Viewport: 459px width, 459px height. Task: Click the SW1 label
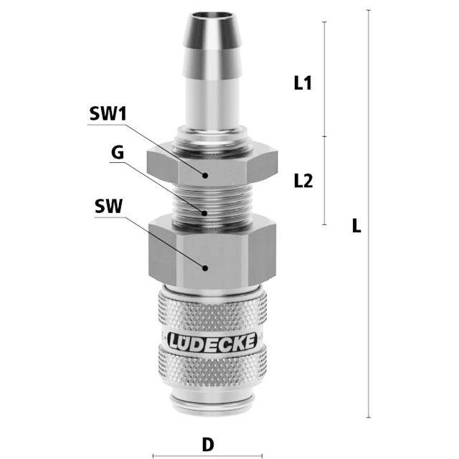point(108,113)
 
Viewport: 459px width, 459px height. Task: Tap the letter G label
point(118,153)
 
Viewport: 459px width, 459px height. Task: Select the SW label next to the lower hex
point(108,206)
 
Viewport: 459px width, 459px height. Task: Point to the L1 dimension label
point(303,83)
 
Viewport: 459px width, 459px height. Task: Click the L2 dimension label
point(303,180)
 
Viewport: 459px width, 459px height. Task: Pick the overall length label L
point(356,225)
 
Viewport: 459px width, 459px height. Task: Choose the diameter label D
point(208,445)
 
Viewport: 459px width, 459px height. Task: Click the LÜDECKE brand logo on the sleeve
point(212,341)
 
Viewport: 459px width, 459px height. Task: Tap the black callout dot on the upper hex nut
point(205,175)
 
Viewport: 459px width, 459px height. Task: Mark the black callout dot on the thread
point(204,213)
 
